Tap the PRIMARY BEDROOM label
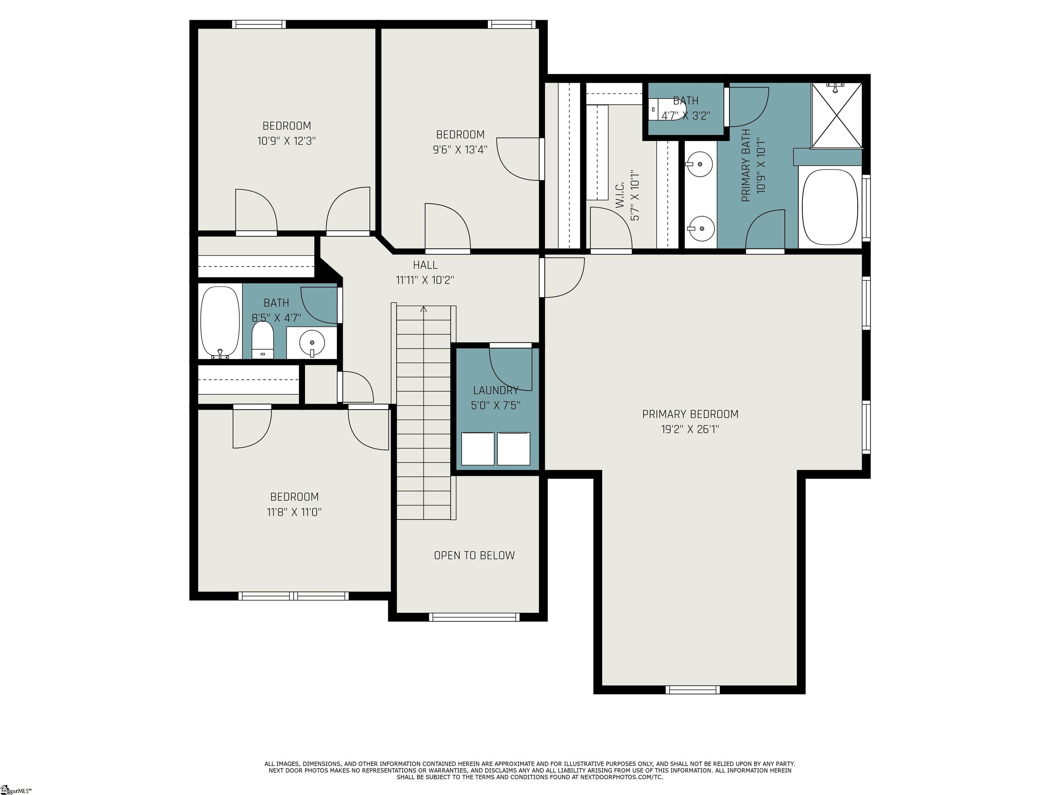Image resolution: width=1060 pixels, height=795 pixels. pos(690,414)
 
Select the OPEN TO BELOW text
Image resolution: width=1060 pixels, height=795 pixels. pos(474,556)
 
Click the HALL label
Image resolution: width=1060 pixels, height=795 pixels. pos(425,265)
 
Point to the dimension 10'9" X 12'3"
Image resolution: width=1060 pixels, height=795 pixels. pos(286,141)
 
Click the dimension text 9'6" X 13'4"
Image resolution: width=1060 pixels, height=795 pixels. pos(460,149)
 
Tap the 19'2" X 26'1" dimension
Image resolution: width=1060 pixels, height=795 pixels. pos(690,429)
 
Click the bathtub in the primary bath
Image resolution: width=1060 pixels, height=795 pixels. pos(830,207)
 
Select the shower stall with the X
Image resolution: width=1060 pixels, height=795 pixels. pos(836,115)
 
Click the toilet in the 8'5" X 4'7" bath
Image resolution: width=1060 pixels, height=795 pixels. pos(263,340)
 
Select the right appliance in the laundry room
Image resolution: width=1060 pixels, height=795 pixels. pos(514,449)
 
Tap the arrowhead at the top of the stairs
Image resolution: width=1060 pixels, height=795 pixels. pos(424,309)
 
